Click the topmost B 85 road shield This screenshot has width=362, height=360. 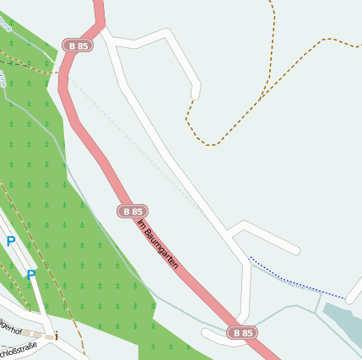click(x=77, y=46)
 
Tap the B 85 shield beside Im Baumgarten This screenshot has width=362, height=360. click(x=132, y=211)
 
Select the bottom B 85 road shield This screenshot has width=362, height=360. click(x=242, y=333)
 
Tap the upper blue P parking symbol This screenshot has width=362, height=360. click(x=11, y=241)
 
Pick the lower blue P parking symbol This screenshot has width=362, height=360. click(x=31, y=274)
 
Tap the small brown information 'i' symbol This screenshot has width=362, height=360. click(x=57, y=336)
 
